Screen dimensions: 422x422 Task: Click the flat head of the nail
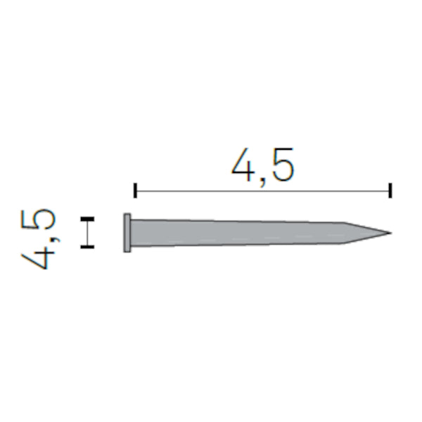tap(127, 233)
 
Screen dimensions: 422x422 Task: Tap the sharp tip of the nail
tap(391, 233)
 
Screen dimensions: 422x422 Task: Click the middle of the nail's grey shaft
tap(237, 233)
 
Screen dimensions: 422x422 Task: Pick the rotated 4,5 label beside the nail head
tap(39, 239)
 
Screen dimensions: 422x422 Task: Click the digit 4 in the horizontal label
tap(243, 165)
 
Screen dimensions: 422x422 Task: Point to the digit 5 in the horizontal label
tap(282, 165)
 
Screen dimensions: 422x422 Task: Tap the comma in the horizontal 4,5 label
tap(262, 181)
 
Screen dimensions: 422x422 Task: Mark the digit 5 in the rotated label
tap(38, 219)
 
